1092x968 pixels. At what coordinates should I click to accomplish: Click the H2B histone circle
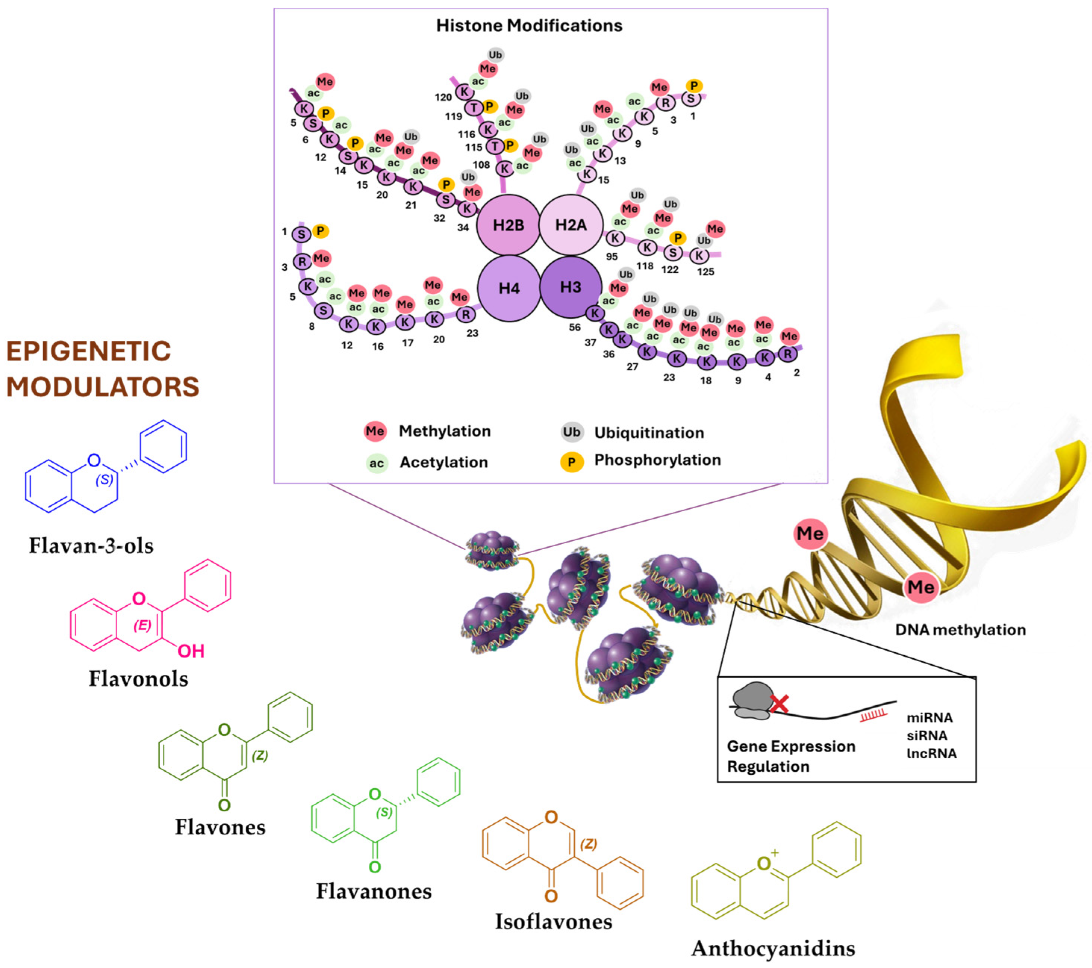pos(508,225)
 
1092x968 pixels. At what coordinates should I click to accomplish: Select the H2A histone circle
pos(571,225)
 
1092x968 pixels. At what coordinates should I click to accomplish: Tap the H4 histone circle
pos(509,288)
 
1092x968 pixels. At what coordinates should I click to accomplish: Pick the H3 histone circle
pos(571,287)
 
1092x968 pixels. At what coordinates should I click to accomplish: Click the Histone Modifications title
pos(529,26)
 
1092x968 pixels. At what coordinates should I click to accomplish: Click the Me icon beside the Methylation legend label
pos(374,431)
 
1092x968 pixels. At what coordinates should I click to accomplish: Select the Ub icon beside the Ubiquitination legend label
pos(571,432)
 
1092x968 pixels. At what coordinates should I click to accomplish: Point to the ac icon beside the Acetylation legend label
pos(376,463)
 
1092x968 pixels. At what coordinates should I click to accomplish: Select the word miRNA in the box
pos(930,718)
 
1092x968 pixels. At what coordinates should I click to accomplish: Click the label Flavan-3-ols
pos(91,546)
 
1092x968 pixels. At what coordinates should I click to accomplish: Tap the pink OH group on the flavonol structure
pos(191,651)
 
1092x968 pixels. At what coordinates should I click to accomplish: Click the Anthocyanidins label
pos(773,949)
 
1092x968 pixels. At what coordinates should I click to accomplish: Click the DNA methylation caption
pos(960,630)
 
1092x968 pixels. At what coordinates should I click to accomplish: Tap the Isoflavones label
pos(553,921)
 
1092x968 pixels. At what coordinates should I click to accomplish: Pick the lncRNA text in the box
pos(931,753)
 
